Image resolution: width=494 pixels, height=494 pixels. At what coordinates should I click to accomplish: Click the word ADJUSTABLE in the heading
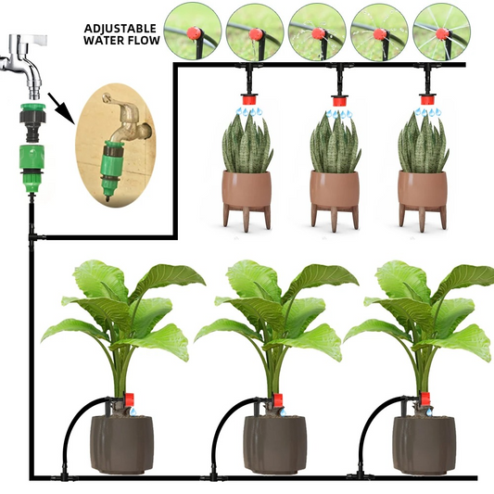pyautogui.click(x=120, y=27)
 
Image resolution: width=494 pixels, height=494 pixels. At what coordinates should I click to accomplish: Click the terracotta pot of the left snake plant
pyautogui.click(x=247, y=191)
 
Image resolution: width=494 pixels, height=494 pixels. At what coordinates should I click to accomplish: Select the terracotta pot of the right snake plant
pyautogui.click(x=423, y=191)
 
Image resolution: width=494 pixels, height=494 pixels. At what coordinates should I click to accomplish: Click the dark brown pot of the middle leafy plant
pyautogui.click(x=274, y=445)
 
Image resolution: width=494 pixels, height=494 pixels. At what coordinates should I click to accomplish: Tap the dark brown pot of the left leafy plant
pyautogui.click(x=121, y=445)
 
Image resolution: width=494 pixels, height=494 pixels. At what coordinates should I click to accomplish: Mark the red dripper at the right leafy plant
pyautogui.click(x=425, y=400)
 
